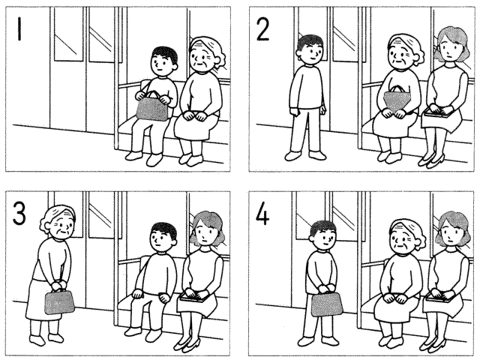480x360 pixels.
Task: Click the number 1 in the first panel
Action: tap(19, 28)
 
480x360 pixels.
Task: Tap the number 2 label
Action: tap(262, 29)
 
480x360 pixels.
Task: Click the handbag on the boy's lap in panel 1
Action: tap(152, 106)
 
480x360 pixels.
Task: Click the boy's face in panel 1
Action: tap(162, 65)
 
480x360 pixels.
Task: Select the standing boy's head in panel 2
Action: tap(310, 49)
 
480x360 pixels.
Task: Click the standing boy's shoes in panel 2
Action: tap(305, 155)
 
